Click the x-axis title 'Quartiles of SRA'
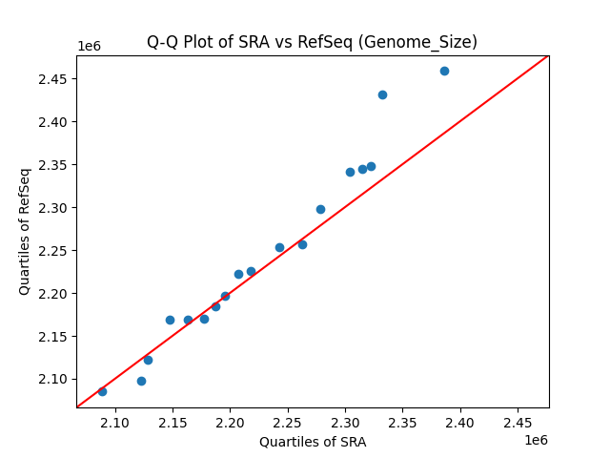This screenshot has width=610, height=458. [x=313, y=442]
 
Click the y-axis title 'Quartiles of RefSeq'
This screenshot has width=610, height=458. [x=25, y=231]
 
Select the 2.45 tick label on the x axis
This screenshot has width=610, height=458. [x=518, y=422]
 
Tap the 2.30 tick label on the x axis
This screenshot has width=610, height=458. [x=345, y=422]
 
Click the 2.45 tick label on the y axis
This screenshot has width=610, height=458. [x=52, y=78]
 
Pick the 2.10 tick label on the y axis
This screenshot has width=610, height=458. [x=52, y=379]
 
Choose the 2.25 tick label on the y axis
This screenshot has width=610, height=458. [x=52, y=250]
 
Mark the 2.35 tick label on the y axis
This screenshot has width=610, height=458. [x=52, y=164]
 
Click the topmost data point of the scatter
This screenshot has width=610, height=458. [x=444, y=71]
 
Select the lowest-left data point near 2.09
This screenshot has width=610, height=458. [x=102, y=391]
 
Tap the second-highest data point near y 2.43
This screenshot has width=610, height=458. [x=382, y=94]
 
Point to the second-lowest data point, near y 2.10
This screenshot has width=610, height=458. [x=141, y=381]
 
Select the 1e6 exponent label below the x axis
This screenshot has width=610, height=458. [x=535, y=440]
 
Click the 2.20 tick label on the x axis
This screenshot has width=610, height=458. [x=230, y=422]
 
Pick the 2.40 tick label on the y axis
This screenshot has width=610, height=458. [x=52, y=121]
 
